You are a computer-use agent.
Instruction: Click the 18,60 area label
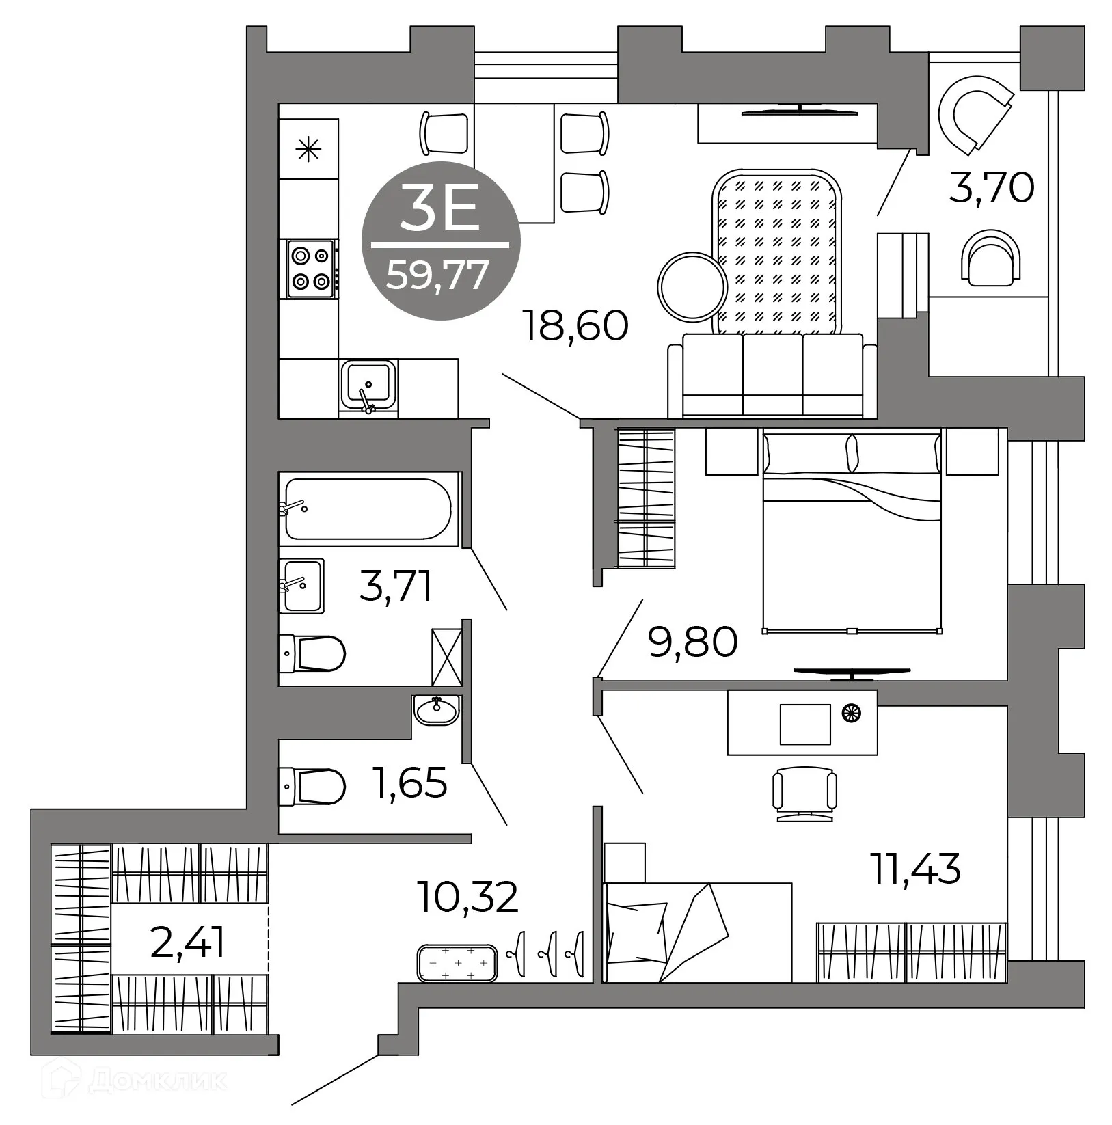click(574, 325)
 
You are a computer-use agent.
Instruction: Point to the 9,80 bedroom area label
click(692, 642)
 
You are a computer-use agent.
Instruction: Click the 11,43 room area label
click(915, 869)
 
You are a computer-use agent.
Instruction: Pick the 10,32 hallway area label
click(469, 897)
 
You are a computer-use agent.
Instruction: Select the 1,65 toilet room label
click(409, 783)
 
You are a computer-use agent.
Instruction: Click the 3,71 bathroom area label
click(396, 586)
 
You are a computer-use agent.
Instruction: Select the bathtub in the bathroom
click(368, 509)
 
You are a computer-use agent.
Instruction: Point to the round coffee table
click(691, 286)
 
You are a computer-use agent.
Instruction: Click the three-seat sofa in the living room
click(772, 375)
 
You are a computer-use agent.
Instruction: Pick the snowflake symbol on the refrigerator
click(309, 148)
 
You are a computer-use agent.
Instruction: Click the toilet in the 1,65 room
click(312, 787)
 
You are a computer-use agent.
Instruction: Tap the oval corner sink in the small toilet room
click(436, 711)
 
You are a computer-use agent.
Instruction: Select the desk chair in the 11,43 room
click(804, 793)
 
